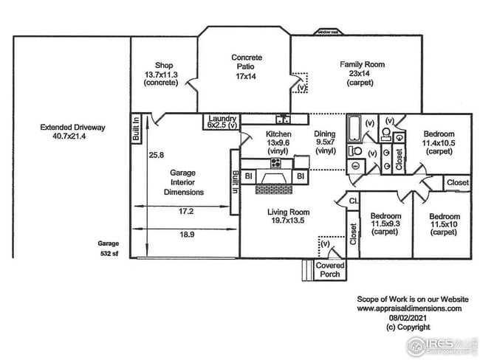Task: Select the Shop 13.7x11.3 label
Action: point(163,73)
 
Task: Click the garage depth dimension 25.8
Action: point(156,155)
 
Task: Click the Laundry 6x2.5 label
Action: point(222,122)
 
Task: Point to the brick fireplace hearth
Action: point(274,190)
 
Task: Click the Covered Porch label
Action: point(330,270)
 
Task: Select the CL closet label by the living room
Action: point(353,200)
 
